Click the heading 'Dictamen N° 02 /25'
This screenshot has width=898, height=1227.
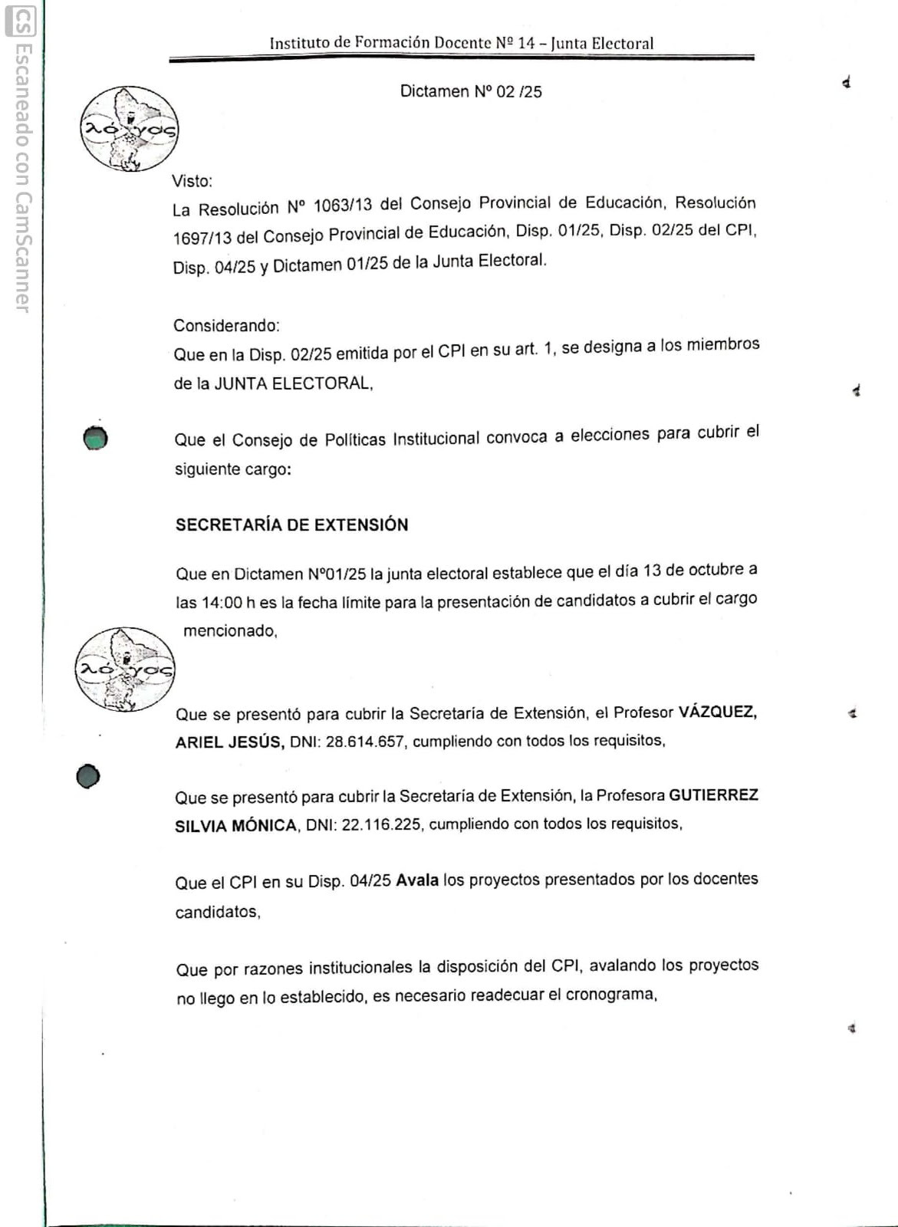[471, 92]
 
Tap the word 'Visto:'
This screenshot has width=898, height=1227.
[192, 182]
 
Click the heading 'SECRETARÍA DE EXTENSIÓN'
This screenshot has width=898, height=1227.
[291, 525]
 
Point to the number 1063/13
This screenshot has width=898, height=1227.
[343, 206]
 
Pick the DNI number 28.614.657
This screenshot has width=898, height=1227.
[364, 742]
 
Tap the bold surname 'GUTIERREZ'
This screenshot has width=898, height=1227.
[713, 795]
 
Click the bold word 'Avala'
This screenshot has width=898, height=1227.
[417, 880]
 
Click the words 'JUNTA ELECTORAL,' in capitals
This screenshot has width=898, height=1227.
[294, 383]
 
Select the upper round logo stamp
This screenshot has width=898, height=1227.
[129, 129]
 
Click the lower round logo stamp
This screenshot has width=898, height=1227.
[124, 669]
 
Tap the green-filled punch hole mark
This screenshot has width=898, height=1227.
[95, 438]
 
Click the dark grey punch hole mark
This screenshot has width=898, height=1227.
[88, 777]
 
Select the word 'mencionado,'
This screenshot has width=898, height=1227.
[230, 631]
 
